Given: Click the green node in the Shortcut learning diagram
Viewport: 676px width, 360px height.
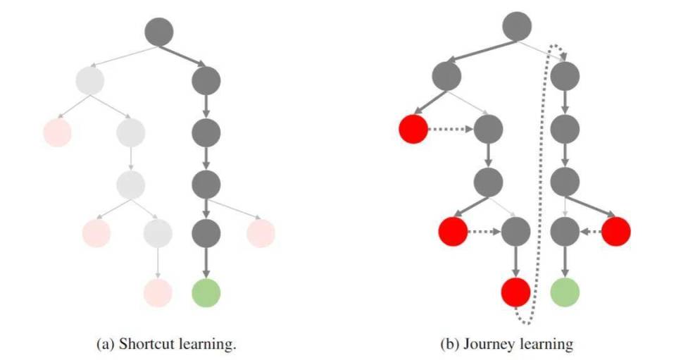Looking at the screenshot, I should pyautogui.click(x=206, y=292).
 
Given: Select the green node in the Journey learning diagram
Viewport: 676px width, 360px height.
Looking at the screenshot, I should pyautogui.click(x=565, y=291).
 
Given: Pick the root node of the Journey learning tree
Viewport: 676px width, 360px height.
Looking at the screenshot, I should pyautogui.click(x=518, y=27).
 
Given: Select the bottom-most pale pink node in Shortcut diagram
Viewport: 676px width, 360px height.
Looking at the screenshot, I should pyautogui.click(x=158, y=292).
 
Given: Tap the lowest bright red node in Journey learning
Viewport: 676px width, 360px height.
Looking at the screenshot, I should pyautogui.click(x=515, y=291).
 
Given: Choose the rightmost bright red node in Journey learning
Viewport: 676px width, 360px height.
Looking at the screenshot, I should pyautogui.click(x=615, y=231).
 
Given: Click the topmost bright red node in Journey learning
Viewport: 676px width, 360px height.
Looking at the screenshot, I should pyautogui.click(x=413, y=130).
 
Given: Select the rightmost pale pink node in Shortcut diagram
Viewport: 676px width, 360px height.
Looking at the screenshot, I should pyautogui.click(x=260, y=232).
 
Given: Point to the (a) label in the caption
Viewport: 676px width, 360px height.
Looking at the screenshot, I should pyautogui.click(x=103, y=345).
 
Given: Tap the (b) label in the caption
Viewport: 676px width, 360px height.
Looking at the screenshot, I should pyautogui.click(x=446, y=345).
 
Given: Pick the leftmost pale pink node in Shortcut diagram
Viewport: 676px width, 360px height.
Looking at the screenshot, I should pyautogui.click(x=57, y=132).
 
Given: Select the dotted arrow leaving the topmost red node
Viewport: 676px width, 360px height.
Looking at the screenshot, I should pyautogui.click(x=451, y=130).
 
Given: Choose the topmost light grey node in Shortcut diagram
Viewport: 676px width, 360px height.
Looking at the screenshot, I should pyautogui.click(x=89, y=80).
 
